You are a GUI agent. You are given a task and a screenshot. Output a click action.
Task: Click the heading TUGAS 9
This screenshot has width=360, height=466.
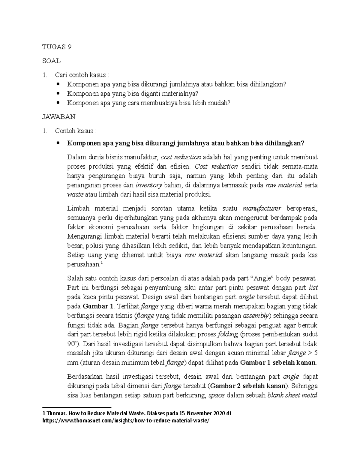(x=57, y=47)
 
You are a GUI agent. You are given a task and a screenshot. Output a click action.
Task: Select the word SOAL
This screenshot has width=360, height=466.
(x=52, y=61)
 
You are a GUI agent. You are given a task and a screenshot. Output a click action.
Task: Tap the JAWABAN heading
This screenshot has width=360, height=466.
(x=59, y=117)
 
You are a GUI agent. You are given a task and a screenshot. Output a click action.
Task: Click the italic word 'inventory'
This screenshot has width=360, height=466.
(x=149, y=185)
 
